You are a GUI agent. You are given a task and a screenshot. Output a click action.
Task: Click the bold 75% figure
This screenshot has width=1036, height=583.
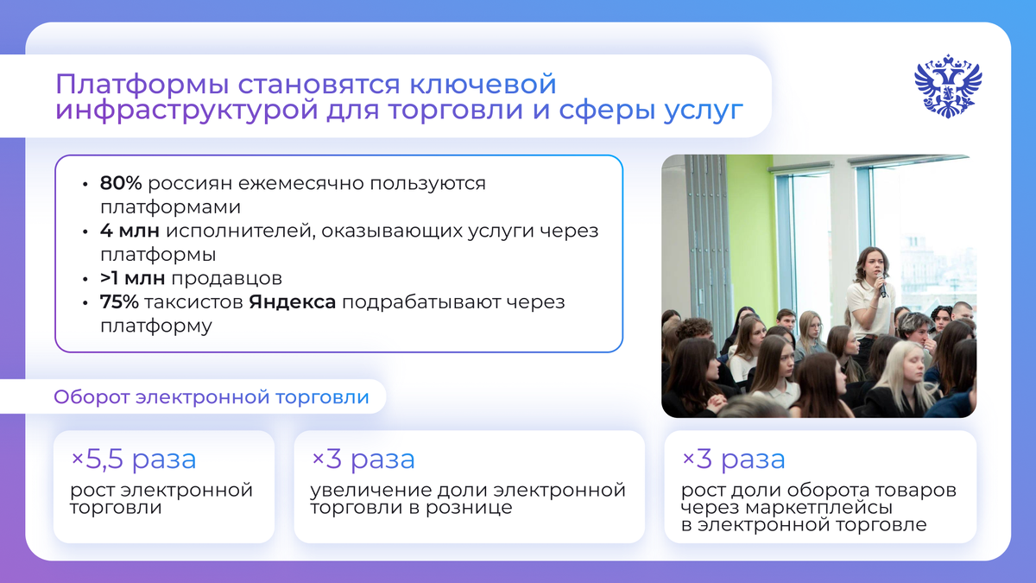(x=119, y=303)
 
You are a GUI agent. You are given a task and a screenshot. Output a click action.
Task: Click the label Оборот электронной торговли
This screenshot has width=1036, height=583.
(x=211, y=397)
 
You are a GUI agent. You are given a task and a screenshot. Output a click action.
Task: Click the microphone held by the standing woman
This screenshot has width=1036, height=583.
(x=881, y=282)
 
